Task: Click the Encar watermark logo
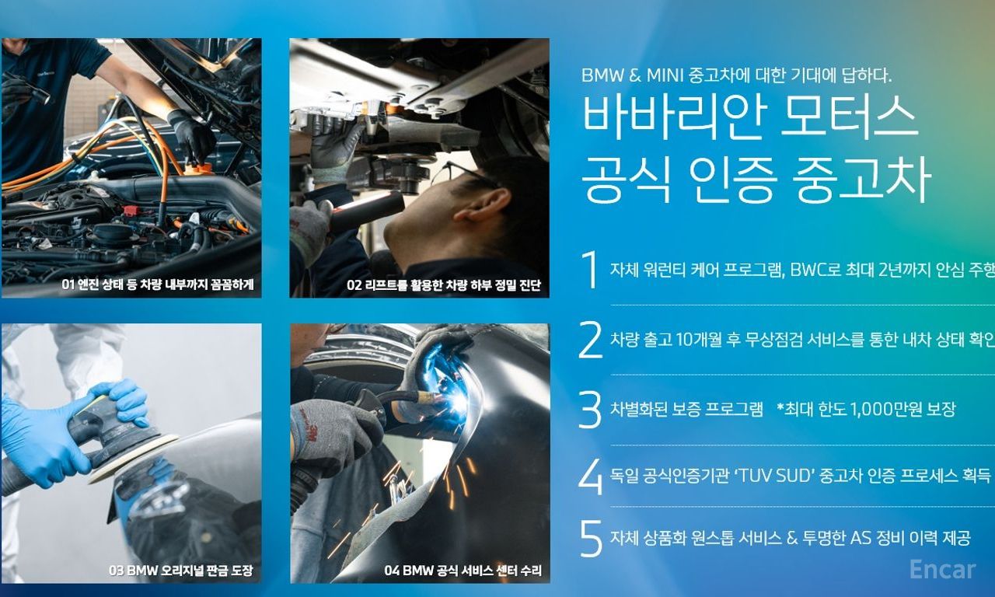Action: (942, 570)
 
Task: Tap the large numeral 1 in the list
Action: (590, 269)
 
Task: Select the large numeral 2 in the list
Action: (590, 340)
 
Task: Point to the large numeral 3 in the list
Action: (590, 410)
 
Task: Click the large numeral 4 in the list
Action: (591, 477)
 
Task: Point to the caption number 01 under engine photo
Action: (68, 285)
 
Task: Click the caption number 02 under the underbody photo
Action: (354, 285)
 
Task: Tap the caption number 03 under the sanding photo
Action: (116, 570)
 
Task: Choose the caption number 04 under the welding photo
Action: (391, 570)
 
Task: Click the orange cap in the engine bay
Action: (200, 169)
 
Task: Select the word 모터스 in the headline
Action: (849, 117)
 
